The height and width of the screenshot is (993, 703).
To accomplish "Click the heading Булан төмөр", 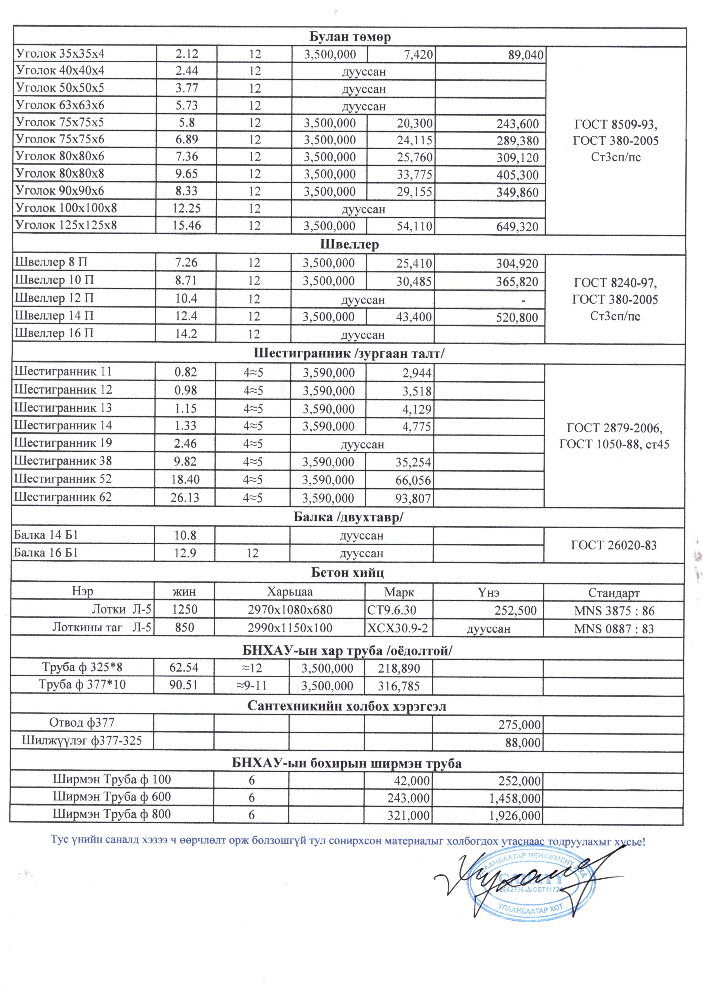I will tap(350, 37).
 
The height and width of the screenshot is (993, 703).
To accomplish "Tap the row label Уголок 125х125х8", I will tap(66, 225).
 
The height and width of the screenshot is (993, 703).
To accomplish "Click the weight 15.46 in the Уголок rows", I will tap(186, 225).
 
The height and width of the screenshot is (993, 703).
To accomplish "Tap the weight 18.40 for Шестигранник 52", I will tap(185, 480).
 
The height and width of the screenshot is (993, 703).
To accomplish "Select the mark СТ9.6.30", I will tap(392, 610).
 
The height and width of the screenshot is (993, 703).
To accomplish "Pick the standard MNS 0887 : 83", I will tap(614, 629).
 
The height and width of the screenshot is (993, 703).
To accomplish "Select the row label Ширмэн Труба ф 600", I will tap(112, 796).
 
